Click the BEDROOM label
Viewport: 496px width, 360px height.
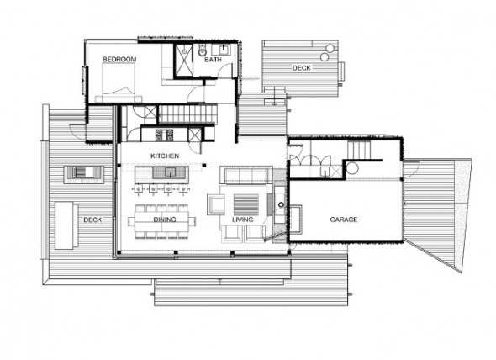(x=119, y=59)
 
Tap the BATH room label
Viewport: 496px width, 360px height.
(x=213, y=60)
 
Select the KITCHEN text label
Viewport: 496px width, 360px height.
(x=165, y=156)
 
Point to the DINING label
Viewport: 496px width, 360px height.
(x=165, y=220)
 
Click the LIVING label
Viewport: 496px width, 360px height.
(x=243, y=220)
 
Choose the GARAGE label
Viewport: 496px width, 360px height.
(x=344, y=219)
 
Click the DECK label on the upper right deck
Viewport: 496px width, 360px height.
(x=302, y=68)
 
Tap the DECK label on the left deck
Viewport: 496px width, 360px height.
(x=92, y=220)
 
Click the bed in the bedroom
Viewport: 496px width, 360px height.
(x=119, y=83)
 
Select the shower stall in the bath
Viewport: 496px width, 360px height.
(x=184, y=61)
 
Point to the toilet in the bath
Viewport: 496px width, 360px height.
(x=202, y=50)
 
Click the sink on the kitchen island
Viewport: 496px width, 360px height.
(x=170, y=172)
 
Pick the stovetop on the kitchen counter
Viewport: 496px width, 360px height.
(x=164, y=135)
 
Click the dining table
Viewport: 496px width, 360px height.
(x=161, y=221)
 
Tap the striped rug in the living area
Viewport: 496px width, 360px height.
(x=246, y=204)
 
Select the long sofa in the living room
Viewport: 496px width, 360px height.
(x=246, y=176)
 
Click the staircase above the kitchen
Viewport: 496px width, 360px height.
(x=187, y=114)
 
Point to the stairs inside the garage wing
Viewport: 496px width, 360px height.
(x=359, y=150)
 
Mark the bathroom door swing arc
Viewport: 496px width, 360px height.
(x=224, y=69)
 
